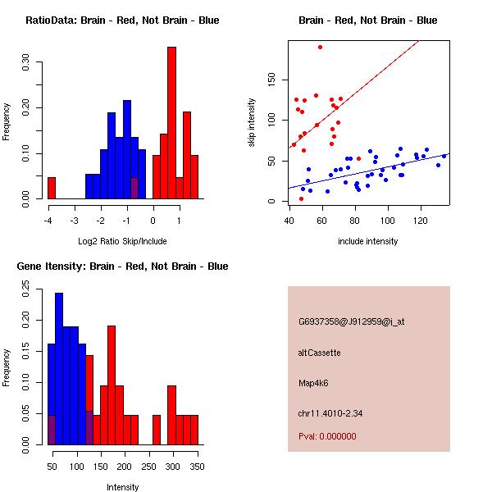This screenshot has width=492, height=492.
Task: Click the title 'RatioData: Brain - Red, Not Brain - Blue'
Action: [x=122, y=20]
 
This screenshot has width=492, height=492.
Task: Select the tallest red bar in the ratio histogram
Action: [x=171, y=123]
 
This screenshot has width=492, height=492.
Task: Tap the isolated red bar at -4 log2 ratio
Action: [x=52, y=188]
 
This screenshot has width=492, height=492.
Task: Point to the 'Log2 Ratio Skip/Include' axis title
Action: [x=122, y=242]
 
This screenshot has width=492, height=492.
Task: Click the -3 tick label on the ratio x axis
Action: [x=75, y=221]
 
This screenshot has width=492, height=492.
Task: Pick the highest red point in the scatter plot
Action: [x=320, y=47]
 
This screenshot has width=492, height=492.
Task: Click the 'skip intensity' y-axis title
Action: [x=252, y=122]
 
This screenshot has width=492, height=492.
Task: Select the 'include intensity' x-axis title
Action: [x=368, y=242]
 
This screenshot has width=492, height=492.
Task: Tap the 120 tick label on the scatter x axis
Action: [x=421, y=221]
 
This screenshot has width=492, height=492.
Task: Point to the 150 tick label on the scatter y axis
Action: [x=271, y=80]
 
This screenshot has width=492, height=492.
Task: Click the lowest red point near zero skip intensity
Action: [x=301, y=198]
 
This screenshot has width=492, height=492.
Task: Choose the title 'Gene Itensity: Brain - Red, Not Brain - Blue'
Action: [x=122, y=266]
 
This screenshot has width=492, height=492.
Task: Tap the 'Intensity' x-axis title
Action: [x=122, y=488]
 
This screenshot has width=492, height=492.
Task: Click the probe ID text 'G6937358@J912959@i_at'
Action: [x=352, y=322]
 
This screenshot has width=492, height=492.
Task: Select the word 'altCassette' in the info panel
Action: [x=320, y=353]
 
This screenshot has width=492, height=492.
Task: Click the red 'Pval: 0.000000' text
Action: [x=327, y=436]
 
